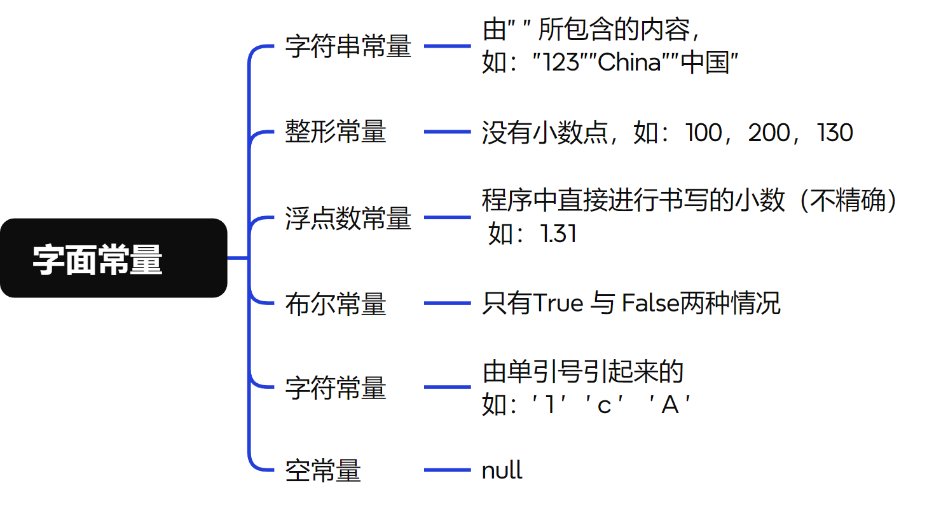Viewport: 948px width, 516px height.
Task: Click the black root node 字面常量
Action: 113,258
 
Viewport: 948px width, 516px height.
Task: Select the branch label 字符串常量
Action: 348,47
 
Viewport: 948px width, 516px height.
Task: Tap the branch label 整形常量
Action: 336,132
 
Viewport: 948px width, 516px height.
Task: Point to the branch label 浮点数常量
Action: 348,218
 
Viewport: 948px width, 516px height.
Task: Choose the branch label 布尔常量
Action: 336,304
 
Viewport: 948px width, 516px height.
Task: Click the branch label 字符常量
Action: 336,388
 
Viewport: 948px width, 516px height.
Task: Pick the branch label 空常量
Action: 323,471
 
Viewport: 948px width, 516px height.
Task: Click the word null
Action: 502,471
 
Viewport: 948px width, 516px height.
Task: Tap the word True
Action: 558,304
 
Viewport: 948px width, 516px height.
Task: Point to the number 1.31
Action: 558,234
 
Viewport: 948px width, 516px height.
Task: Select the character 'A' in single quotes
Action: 670,405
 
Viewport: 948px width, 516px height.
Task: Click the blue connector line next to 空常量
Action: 447,470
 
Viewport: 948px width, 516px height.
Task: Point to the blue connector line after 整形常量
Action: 447,132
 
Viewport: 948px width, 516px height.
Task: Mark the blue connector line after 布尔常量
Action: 447,303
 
